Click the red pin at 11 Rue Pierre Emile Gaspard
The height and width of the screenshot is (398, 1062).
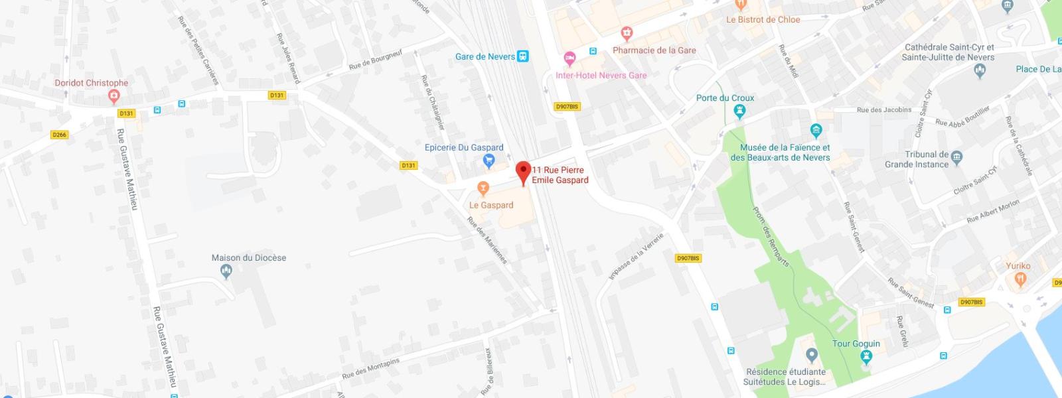click(x=523, y=171)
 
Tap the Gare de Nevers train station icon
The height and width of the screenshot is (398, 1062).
click(x=523, y=56)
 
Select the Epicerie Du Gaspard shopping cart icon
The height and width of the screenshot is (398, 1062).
click(x=489, y=160)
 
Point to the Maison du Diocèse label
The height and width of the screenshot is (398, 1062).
click(x=249, y=258)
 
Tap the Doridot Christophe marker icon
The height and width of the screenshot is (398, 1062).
click(x=114, y=97)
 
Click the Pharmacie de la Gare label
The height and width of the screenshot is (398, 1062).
click(x=654, y=50)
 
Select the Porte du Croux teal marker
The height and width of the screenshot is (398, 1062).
click(x=740, y=112)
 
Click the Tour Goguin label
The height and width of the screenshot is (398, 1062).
click(x=856, y=344)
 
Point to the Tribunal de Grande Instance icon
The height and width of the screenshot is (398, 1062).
click(x=956, y=158)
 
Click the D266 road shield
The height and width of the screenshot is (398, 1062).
click(x=59, y=135)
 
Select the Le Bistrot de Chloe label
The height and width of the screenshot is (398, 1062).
click(x=763, y=20)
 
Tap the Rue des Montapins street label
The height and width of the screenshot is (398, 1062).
click(x=370, y=369)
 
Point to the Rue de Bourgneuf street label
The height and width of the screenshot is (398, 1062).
click(x=376, y=60)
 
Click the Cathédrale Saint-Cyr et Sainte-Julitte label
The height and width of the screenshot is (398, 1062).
click(x=948, y=52)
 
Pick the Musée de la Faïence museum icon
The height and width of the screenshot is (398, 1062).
click(x=816, y=130)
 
